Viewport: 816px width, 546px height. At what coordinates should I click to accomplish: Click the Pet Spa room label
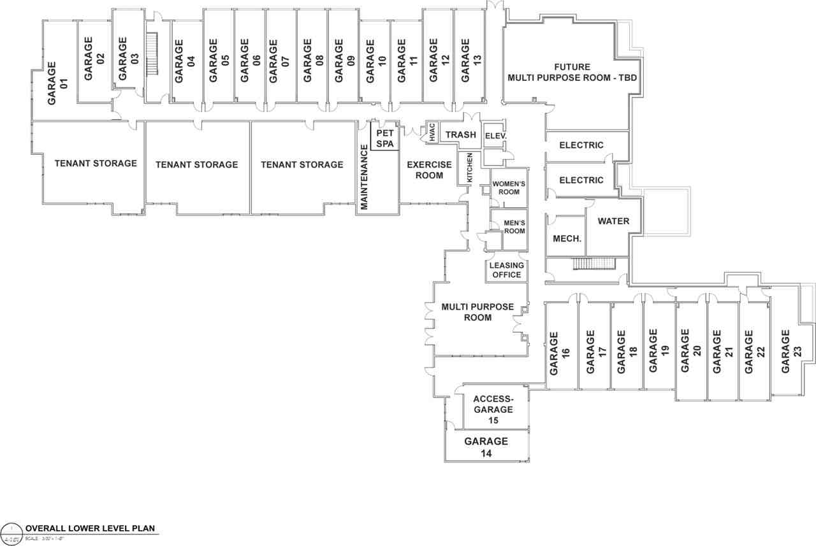click(x=384, y=138)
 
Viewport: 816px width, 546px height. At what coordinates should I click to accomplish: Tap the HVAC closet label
click(x=432, y=132)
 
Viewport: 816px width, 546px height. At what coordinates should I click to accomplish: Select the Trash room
click(x=460, y=134)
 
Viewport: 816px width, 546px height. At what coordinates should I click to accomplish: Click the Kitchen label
click(x=470, y=168)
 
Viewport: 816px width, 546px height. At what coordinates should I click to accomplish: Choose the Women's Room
click(x=508, y=188)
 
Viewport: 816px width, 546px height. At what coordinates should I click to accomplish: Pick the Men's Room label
click(x=514, y=226)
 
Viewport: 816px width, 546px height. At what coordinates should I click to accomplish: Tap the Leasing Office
click(x=507, y=270)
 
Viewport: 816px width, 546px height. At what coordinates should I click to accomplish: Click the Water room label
click(x=613, y=221)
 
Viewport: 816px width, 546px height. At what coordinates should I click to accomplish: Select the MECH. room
click(x=566, y=239)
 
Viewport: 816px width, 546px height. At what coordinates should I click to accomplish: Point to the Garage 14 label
click(x=486, y=447)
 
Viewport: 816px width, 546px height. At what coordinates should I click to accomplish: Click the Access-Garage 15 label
click(x=493, y=410)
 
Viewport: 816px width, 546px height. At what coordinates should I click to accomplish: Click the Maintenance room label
click(x=365, y=177)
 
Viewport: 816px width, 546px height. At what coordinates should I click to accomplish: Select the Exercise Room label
click(x=429, y=170)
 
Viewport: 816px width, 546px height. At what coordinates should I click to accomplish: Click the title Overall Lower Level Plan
click(x=90, y=529)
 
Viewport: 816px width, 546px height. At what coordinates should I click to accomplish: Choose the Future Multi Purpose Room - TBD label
click(x=572, y=73)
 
